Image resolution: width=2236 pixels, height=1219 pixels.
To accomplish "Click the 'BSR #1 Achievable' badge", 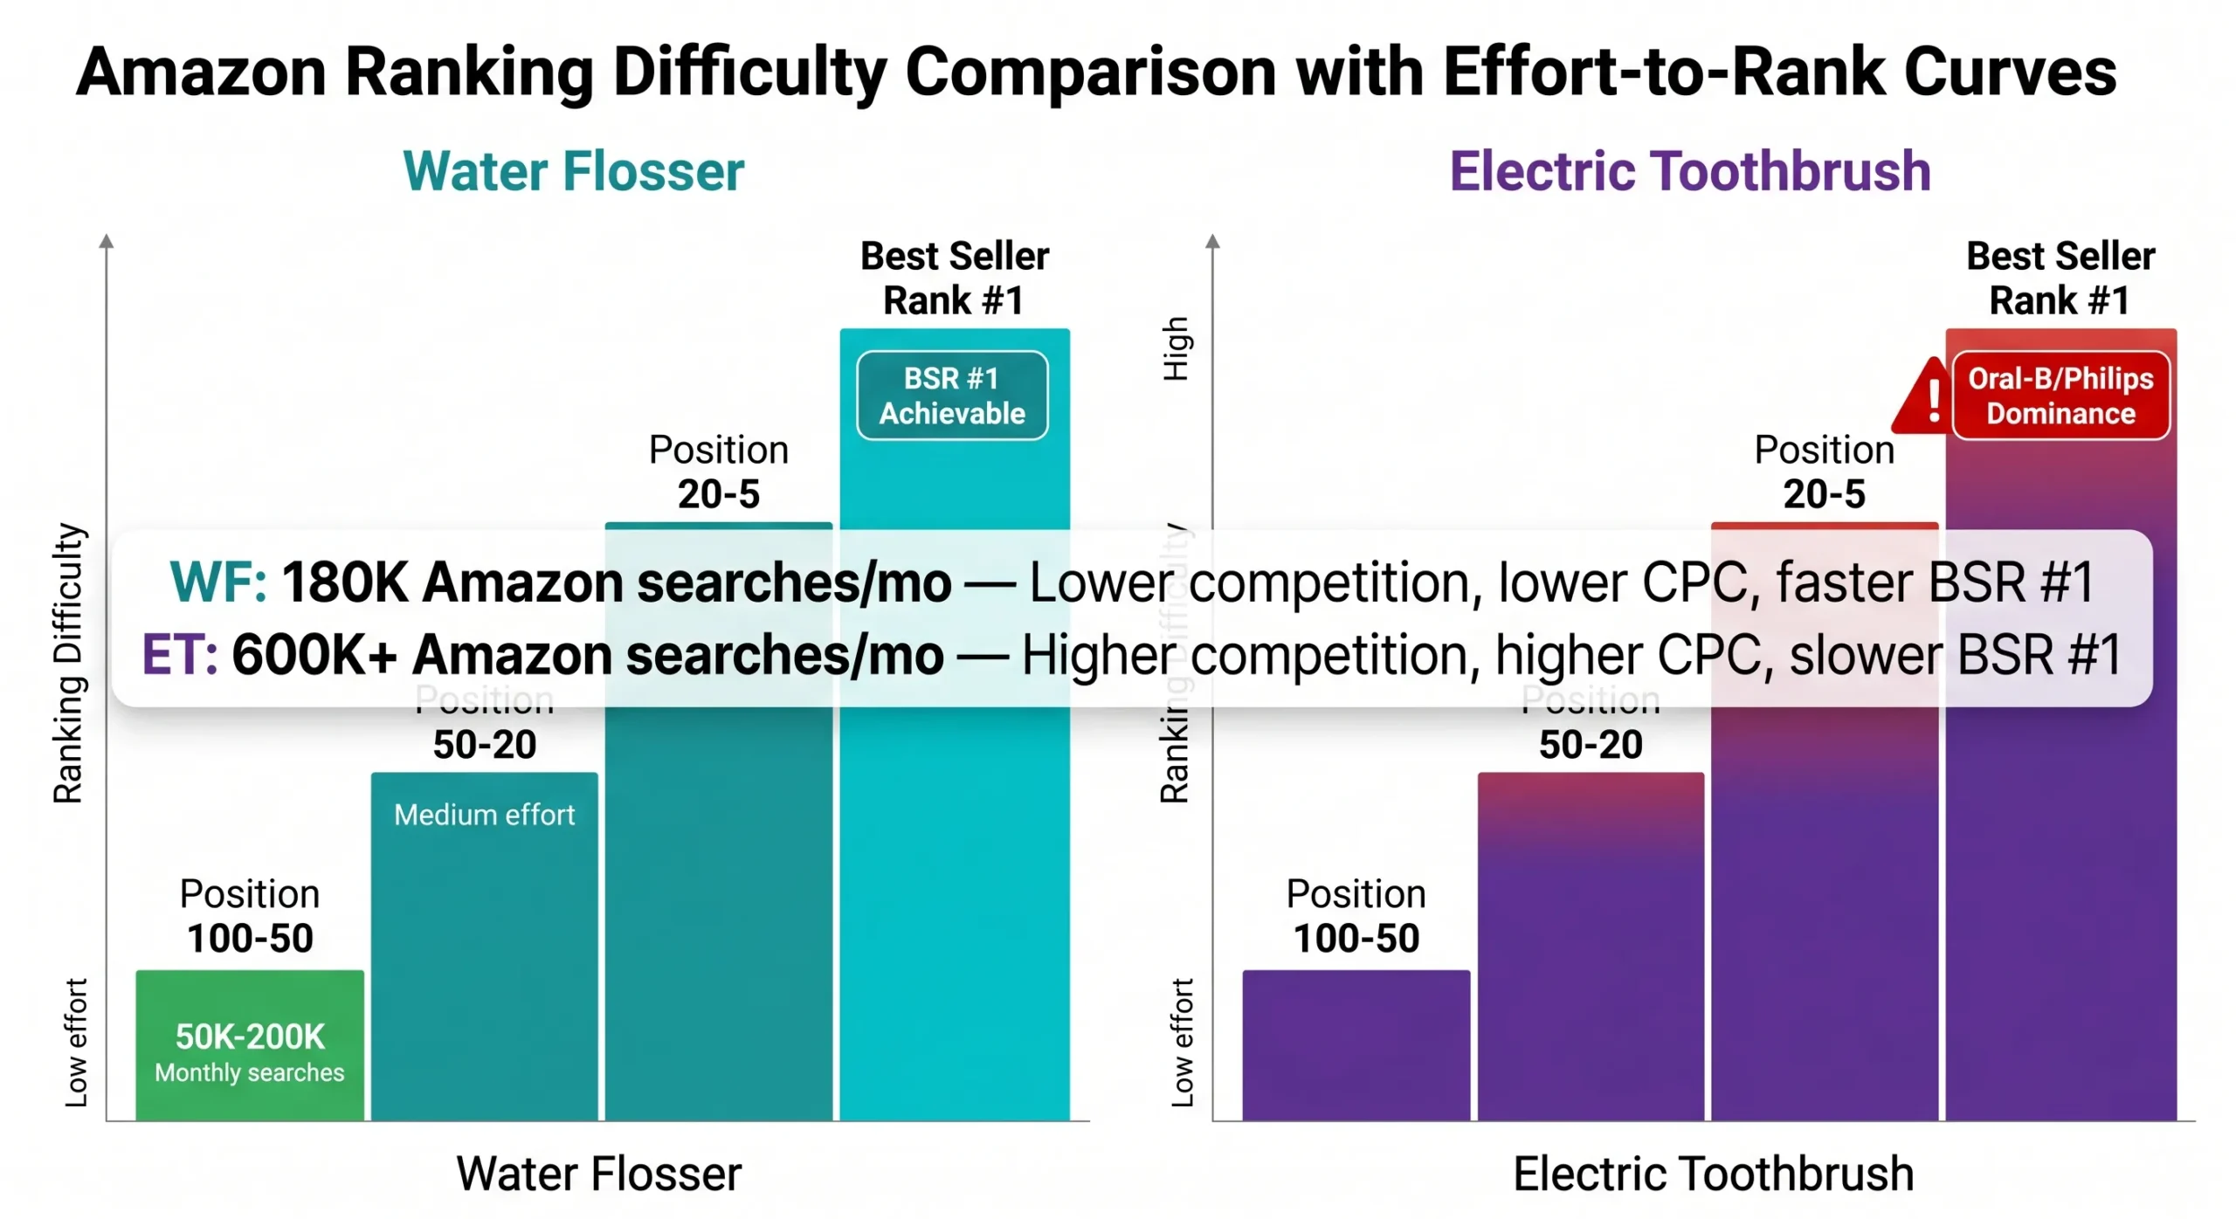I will pyautogui.click(x=951, y=395).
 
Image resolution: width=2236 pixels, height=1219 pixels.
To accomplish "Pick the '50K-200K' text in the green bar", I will pyautogui.click(x=249, y=1036).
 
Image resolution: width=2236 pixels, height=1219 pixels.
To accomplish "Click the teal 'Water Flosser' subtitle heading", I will pyautogui.click(x=573, y=171).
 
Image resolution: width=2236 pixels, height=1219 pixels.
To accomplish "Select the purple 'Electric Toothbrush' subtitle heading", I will pyautogui.click(x=1688, y=171).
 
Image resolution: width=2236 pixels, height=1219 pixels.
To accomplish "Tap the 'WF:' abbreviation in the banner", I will pyautogui.click(x=217, y=582).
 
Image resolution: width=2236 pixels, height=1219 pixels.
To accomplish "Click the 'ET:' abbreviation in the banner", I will pyautogui.click(x=179, y=655).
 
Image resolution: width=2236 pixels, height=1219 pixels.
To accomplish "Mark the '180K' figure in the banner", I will pyautogui.click(x=344, y=582).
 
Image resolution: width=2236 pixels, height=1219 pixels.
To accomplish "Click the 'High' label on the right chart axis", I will pyautogui.click(x=1175, y=348).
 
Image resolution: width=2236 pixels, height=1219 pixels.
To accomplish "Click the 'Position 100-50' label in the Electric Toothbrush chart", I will pyautogui.click(x=1355, y=916).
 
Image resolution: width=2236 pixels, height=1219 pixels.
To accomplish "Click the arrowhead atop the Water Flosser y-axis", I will pyautogui.click(x=107, y=241).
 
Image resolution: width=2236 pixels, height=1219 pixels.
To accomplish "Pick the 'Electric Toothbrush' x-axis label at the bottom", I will pyautogui.click(x=1712, y=1173).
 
